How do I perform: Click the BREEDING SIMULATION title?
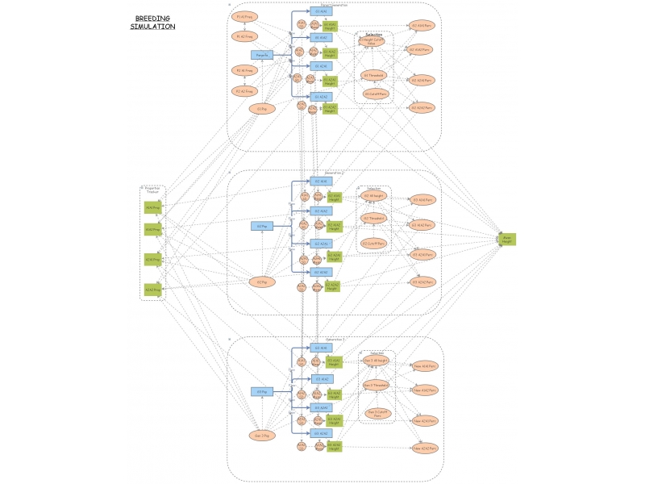click(152, 23)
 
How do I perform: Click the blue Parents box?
click(263, 55)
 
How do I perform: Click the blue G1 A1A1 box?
click(321, 11)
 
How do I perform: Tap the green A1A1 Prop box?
click(153, 207)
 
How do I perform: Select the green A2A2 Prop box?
click(153, 289)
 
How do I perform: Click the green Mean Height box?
click(507, 240)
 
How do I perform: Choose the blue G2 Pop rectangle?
click(263, 227)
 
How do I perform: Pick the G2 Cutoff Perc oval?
click(374, 243)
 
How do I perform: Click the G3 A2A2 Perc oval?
click(423, 282)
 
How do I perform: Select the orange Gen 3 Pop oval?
click(263, 435)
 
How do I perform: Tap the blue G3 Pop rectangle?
click(263, 392)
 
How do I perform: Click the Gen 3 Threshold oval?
click(377, 385)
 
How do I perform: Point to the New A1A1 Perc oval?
click(425, 366)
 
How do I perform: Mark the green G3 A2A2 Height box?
click(334, 445)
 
